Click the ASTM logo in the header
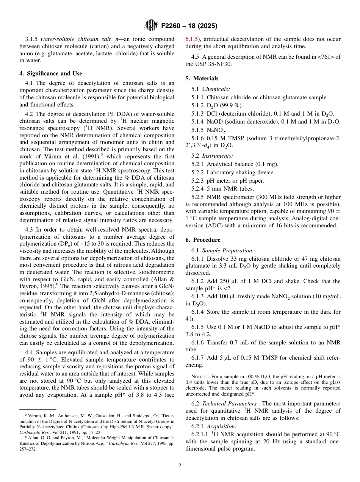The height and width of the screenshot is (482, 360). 151,26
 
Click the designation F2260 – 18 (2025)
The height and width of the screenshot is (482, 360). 189,26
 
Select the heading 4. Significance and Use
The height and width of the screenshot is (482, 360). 51,74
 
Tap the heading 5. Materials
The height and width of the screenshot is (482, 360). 202,78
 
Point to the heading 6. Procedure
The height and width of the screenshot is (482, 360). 203,240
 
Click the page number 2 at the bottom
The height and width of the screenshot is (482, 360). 180,465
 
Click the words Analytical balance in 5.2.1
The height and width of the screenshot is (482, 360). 229,164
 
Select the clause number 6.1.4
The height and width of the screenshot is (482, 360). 198,312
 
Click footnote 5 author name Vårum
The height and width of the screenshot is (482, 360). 32,416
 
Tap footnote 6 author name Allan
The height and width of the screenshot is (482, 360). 31,437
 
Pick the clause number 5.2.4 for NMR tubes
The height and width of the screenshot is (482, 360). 198,189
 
